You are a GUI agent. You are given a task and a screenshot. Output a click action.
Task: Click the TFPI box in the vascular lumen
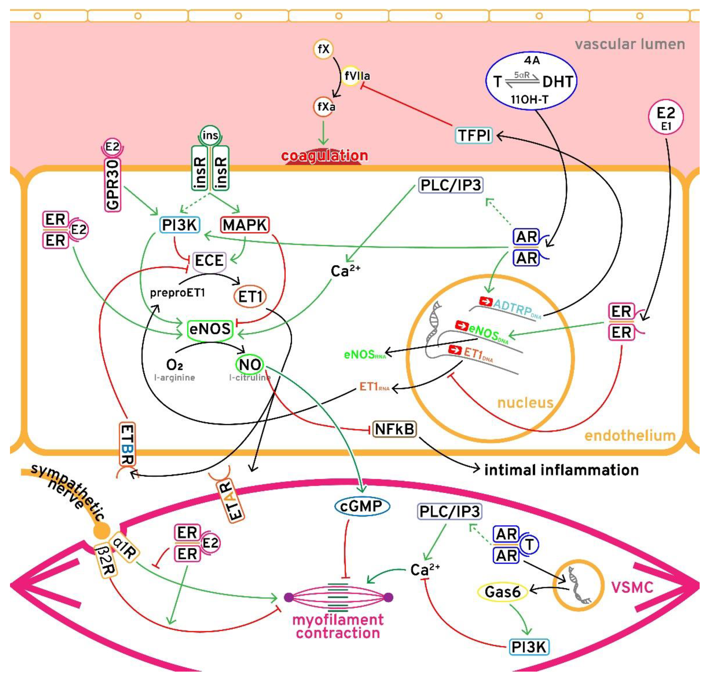[474, 136]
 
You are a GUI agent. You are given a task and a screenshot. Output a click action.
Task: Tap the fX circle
[323, 49]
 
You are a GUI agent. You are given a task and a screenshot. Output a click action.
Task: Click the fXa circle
[324, 107]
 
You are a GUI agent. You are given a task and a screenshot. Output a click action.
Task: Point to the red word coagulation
[324, 156]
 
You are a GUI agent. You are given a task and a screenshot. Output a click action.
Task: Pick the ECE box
[209, 260]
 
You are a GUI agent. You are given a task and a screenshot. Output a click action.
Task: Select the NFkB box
[394, 429]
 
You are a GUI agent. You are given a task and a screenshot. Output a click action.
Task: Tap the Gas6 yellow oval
[503, 592]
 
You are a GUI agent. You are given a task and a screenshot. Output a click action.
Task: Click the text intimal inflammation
[561, 470]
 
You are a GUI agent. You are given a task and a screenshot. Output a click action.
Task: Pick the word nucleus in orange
[525, 403]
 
